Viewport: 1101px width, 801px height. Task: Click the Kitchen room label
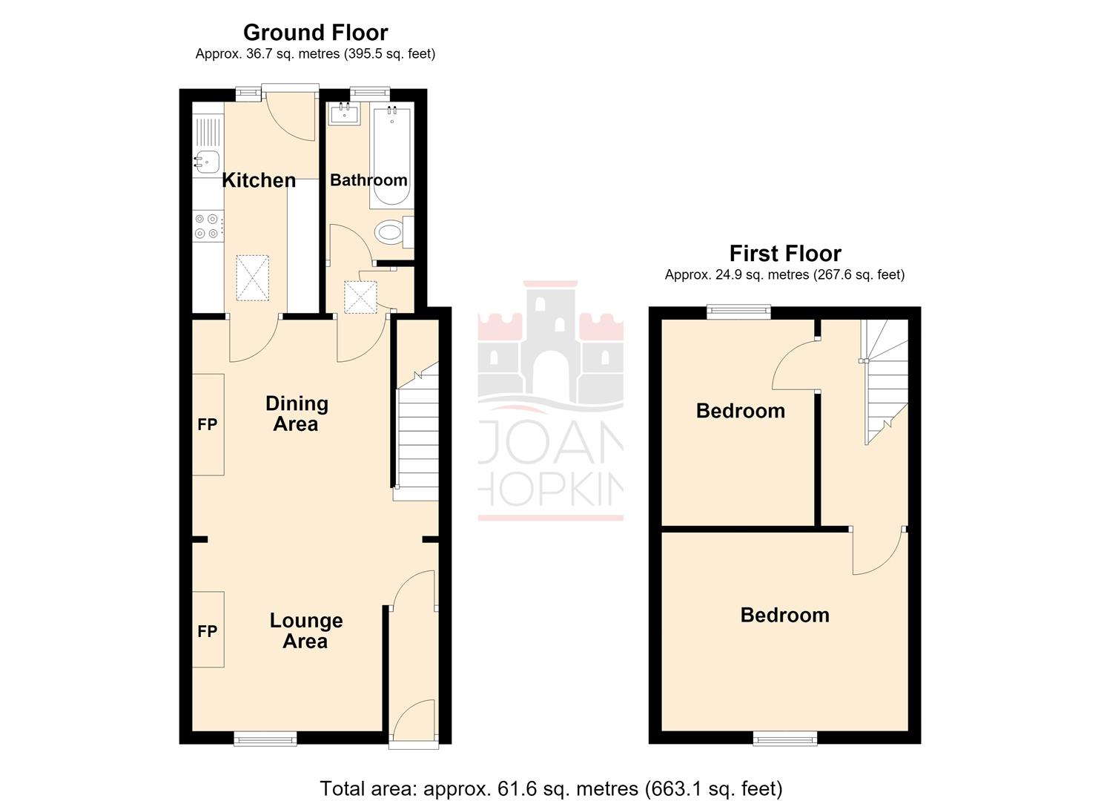[259, 180]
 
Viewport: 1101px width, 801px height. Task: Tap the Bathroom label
[368, 180]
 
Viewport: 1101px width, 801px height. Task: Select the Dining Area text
[297, 414]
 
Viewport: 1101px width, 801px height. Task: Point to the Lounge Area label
[305, 631]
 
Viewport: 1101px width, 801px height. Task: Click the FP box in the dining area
[208, 424]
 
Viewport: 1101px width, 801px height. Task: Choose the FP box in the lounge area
[208, 630]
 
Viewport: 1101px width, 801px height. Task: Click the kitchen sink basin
[208, 161]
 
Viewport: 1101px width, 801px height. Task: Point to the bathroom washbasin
[344, 114]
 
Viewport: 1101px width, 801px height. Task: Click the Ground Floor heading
[316, 33]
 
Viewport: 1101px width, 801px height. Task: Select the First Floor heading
[785, 254]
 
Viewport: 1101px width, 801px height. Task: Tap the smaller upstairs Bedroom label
[741, 411]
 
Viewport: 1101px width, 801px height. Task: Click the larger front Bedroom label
[785, 615]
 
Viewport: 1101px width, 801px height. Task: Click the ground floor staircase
[418, 432]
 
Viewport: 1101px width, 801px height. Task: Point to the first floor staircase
[885, 381]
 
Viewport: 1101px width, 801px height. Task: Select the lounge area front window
[265, 739]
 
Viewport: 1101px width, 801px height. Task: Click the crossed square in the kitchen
[253, 278]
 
